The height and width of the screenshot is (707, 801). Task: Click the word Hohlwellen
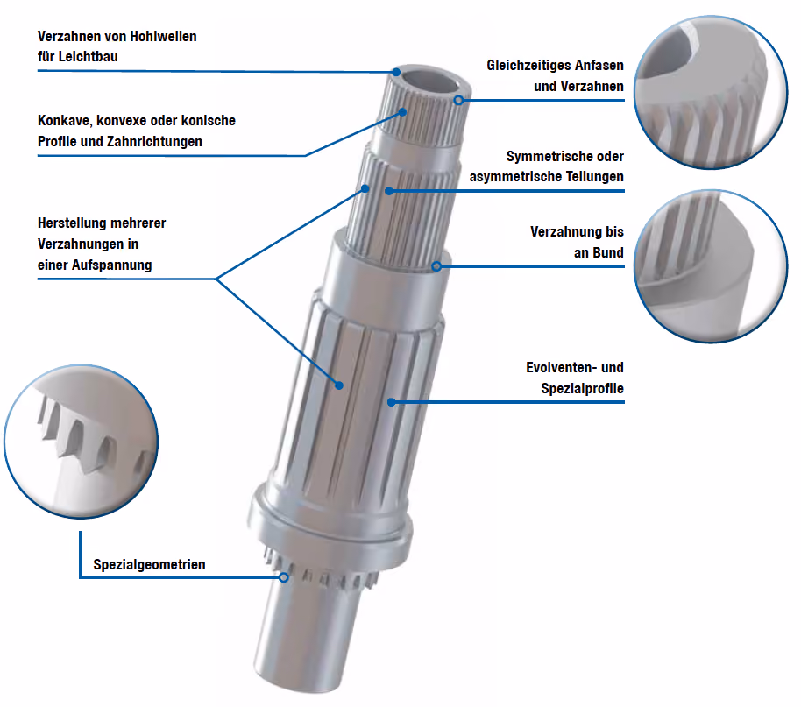163,37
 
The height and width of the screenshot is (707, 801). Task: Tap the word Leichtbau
88,57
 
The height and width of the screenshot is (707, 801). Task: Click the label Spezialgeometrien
149,564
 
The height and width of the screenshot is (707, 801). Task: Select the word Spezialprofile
583,389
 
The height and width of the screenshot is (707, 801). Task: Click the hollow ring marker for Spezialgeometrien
284,577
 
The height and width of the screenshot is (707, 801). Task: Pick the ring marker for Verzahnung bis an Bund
436,266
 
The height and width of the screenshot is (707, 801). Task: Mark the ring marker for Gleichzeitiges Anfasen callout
458,100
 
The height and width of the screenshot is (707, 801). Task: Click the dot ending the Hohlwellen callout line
396,72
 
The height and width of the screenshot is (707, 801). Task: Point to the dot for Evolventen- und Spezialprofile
392,402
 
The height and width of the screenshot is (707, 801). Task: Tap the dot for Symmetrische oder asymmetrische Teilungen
389,191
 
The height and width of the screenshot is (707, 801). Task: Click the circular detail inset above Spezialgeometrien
81,442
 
